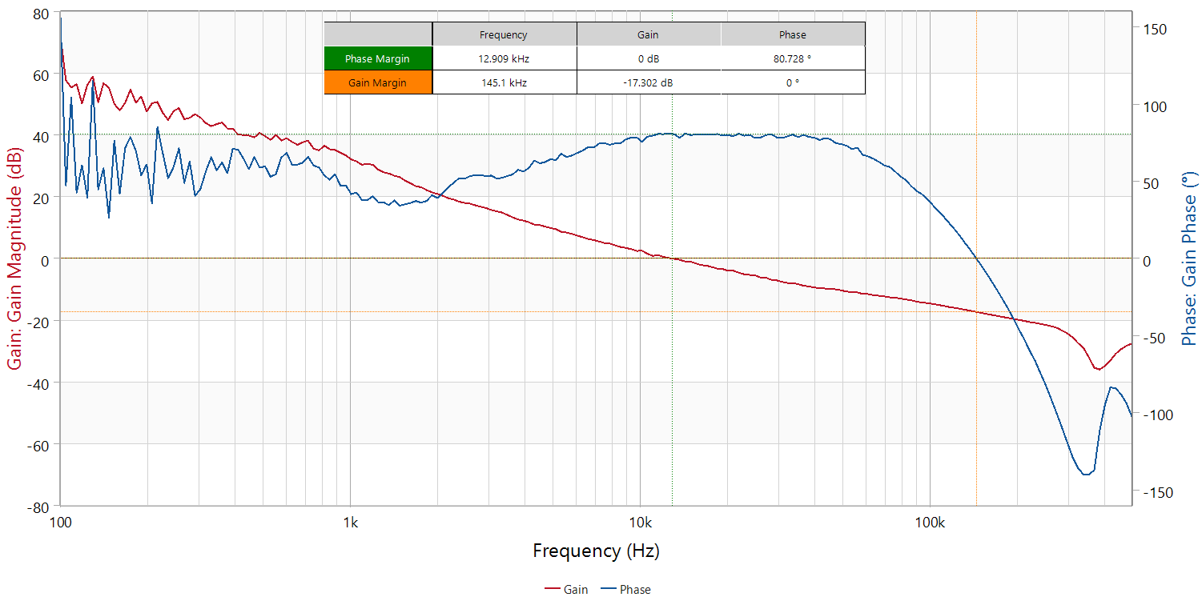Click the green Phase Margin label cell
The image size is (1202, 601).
tap(378, 58)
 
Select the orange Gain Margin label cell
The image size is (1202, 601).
tap(378, 82)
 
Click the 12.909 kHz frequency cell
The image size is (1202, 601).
tap(504, 58)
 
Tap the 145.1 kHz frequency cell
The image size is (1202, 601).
tap(504, 82)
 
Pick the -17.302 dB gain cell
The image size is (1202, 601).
tap(648, 82)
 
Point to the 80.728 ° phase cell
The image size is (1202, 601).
tap(793, 58)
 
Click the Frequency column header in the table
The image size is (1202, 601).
tap(504, 34)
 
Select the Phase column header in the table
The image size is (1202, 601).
tap(793, 34)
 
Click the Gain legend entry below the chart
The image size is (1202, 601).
tap(567, 590)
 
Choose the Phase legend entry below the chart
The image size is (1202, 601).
tap(626, 590)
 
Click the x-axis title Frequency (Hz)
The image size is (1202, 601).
tap(596, 551)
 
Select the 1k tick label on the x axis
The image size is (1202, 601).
tap(351, 523)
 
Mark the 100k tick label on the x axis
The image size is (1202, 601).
tap(929, 523)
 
